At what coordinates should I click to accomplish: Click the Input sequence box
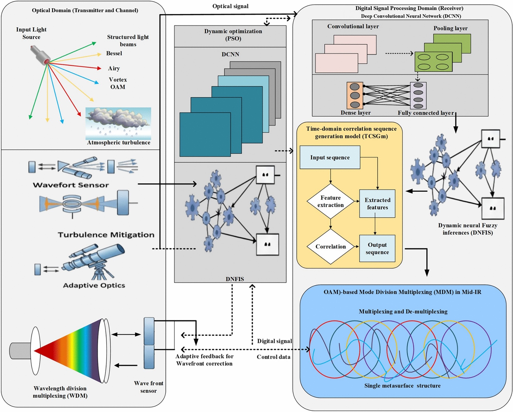point(330,157)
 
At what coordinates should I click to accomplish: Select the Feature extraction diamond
point(331,201)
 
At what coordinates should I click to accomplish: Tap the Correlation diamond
point(331,247)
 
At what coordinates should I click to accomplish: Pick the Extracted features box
point(377,204)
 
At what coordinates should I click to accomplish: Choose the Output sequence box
point(377,248)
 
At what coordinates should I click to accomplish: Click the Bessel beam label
point(114,53)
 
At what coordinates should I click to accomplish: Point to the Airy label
point(114,68)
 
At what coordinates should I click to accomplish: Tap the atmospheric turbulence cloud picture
point(118,123)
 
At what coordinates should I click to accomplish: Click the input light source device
point(40,55)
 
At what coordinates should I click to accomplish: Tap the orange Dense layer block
point(355,96)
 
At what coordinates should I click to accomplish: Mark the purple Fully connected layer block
point(418,96)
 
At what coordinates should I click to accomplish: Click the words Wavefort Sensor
point(71,185)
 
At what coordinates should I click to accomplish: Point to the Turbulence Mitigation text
point(106,235)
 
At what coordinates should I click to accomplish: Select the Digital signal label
point(274,341)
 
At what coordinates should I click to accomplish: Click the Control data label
point(273,357)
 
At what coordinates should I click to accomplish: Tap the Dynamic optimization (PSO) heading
point(233,35)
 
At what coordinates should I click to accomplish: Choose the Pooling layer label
point(450,28)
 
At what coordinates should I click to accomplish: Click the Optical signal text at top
point(230,6)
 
